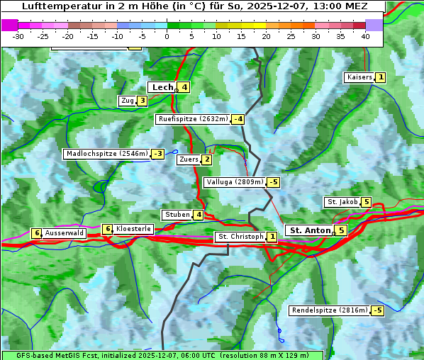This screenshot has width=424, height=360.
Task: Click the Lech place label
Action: tap(162, 87)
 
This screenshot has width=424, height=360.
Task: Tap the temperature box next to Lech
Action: tap(184, 87)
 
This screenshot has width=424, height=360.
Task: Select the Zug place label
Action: tap(127, 101)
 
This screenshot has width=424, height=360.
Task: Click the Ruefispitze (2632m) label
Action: tap(194, 119)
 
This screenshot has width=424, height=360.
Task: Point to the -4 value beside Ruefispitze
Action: tap(238, 119)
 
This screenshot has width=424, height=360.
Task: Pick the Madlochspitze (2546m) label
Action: tap(106, 154)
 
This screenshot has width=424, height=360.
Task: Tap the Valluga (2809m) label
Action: tap(235, 182)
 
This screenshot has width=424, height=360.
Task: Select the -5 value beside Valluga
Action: tap(274, 182)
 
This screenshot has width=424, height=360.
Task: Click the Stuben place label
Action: tap(177, 215)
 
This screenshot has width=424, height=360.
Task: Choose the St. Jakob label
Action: tap(342, 202)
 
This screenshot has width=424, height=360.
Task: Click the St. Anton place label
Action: tap(310, 230)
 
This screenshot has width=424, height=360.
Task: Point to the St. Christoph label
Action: tap(240, 237)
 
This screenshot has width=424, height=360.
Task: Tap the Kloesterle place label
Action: tap(133, 229)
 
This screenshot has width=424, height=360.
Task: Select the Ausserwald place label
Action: tap(65, 233)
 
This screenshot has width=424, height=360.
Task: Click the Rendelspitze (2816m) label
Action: tap(330, 310)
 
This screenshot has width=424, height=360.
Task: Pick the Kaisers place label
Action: tap(359, 77)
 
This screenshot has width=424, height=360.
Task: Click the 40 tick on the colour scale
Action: tap(365, 36)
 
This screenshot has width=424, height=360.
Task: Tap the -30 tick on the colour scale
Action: tap(18, 36)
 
